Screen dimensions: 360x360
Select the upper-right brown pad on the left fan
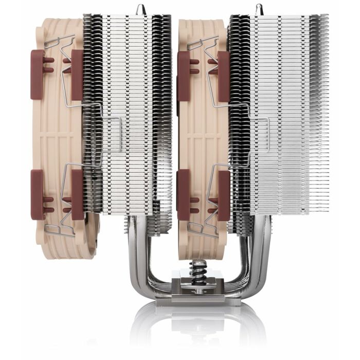pos(78,75)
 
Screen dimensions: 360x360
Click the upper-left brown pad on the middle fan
pos(183,75)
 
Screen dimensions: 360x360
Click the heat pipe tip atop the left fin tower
pos(139,8)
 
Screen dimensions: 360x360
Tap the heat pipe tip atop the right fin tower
pos(256,8)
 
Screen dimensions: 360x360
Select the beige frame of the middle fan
pos(203,129)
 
